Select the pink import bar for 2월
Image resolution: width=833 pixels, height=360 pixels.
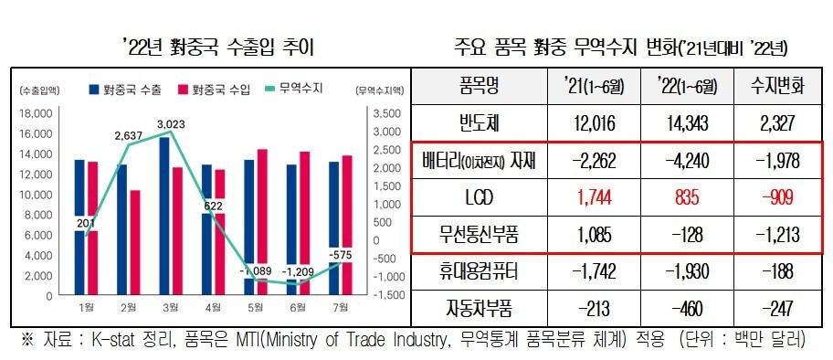click(x=134, y=242)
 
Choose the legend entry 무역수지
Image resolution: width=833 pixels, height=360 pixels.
click(x=302, y=90)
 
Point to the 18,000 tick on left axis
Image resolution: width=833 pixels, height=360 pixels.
click(x=37, y=114)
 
